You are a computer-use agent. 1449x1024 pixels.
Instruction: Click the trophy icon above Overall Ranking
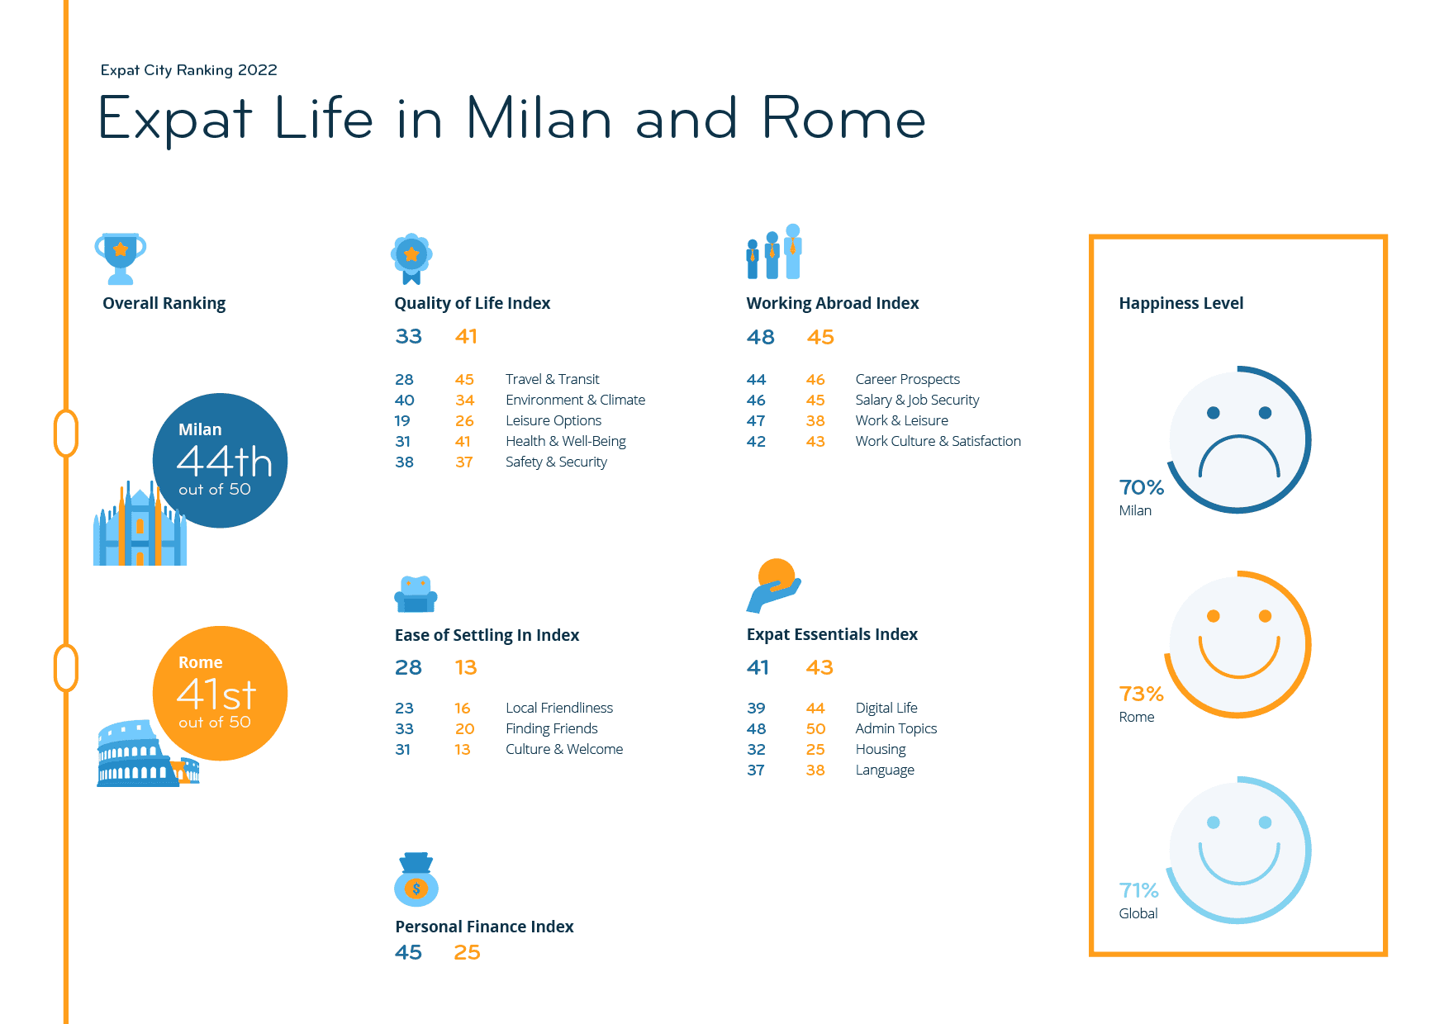click(x=121, y=258)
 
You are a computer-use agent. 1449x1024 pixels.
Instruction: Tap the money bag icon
click(x=416, y=879)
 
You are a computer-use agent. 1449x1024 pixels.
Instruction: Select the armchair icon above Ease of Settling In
click(x=416, y=594)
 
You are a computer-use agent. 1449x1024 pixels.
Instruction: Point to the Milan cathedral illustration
click(x=140, y=524)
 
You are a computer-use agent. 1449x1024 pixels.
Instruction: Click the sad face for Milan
click(x=1238, y=440)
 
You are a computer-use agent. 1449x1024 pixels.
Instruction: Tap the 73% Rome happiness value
click(x=1141, y=694)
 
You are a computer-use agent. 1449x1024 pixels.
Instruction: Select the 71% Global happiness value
click(x=1138, y=890)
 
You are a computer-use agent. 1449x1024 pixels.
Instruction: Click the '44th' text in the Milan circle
click(x=225, y=461)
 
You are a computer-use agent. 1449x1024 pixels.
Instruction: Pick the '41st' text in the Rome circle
click(x=216, y=694)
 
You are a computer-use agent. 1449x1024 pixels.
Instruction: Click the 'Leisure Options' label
click(x=553, y=420)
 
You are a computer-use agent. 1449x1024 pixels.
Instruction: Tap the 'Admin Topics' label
click(x=896, y=728)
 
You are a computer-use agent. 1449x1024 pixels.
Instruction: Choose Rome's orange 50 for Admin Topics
click(x=815, y=728)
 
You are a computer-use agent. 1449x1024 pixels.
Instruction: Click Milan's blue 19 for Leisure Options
click(x=402, y=420)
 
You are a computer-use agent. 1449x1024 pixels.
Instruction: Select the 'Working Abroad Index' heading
click(x=833, y=303)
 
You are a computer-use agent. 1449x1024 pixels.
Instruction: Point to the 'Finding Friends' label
click(x=552, y=728)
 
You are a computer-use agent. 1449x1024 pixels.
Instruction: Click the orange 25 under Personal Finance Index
click(x=467, y=952)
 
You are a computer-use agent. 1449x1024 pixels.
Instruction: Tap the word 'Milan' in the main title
click(x=539, y=118)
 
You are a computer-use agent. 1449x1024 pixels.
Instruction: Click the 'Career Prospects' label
click(x=908, y=379)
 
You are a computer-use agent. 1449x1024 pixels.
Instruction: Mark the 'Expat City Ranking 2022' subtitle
click(x=189, y=70)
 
